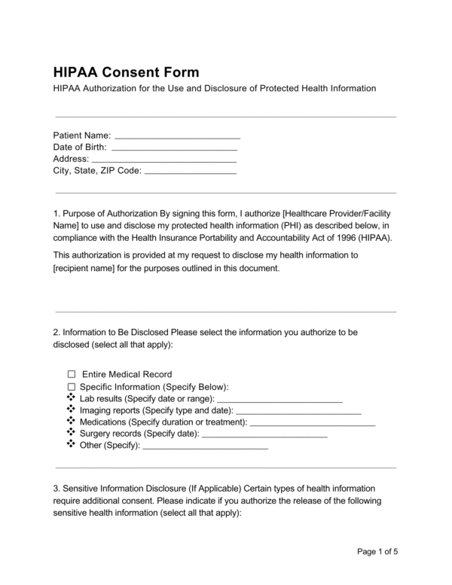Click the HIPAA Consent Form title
pos(126,72)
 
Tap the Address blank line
pos(163,160)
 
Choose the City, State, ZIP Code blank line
pos(190,172)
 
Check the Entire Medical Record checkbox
pos(72,374)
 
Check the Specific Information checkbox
pos(72,386)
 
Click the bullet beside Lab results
pos(72,398)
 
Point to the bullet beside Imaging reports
pos(72,410)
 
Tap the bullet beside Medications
pos(72,422)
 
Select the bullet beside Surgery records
pos(72,434)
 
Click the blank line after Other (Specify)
pos(205,448)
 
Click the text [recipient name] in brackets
pos(88,268)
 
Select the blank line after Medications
pos(312,425)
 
